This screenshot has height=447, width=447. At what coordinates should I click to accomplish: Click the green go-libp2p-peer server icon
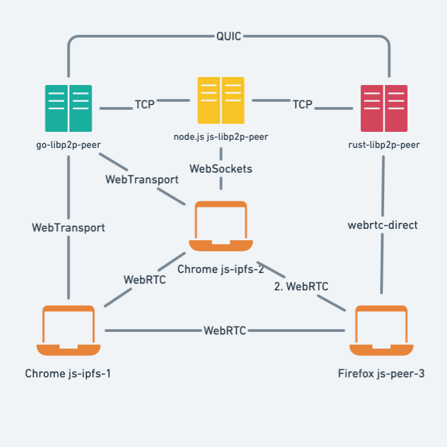[68, 108]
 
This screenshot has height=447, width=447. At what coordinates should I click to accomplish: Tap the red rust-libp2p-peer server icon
[384, 108]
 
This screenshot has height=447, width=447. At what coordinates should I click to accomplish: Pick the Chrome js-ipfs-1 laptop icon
[68, 331]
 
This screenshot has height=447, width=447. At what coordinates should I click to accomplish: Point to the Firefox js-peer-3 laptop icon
[381, 331]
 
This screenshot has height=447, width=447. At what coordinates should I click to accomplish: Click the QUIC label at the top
[229, 35]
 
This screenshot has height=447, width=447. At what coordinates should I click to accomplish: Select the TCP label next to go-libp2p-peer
[145, 104]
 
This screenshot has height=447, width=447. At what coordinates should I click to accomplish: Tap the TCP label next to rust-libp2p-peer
[302, 104]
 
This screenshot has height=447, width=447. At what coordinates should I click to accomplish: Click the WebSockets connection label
[221, 169]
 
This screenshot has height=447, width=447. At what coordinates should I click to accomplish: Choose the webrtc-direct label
[383, 225]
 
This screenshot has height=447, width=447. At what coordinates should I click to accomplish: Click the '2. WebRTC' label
[301, 286]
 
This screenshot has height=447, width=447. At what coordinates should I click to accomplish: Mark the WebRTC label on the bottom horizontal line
[225, 330]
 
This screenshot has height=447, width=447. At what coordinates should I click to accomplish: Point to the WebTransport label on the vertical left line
[68, 228]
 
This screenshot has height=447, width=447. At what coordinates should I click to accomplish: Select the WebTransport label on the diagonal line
[142, 179]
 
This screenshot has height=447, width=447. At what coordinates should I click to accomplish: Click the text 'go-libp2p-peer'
[68, 144]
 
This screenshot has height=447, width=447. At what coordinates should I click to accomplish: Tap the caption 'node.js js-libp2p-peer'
[221, 137]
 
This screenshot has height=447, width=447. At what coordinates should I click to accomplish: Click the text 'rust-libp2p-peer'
[384, 144]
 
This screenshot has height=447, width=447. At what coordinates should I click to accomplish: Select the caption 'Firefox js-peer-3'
[381, 373]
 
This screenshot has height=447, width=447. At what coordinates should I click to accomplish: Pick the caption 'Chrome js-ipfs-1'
[68, 373]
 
